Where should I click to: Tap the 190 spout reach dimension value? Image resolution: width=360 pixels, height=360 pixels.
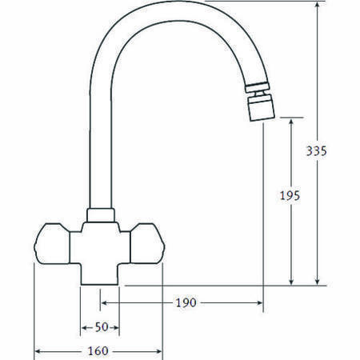185,302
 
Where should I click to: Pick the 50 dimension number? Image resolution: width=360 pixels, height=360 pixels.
100,328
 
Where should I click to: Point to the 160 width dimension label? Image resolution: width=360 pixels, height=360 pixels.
100,351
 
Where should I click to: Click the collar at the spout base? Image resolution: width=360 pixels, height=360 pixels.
99,215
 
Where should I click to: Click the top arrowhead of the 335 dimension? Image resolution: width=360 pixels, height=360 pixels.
318,5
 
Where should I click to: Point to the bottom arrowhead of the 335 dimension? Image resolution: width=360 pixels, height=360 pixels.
318,282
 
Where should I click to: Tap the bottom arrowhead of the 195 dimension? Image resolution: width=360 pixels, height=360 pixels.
291,282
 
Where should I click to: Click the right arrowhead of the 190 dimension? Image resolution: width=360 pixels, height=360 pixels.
260,302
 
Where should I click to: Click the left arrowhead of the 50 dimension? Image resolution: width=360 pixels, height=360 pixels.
83,328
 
